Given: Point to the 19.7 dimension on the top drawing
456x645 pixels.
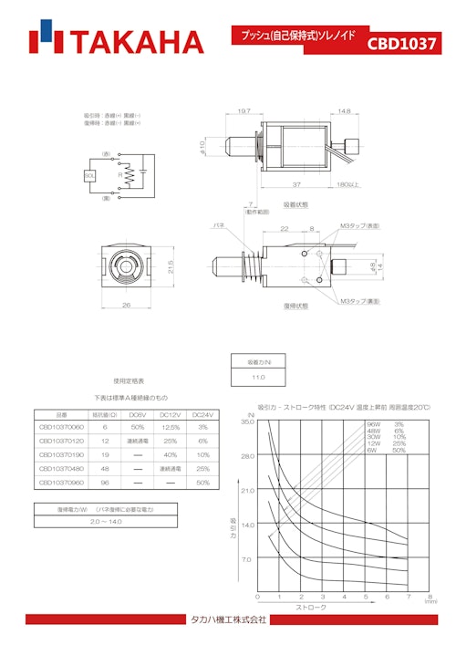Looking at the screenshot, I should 244,111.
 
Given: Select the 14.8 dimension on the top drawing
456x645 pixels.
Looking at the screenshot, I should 344,111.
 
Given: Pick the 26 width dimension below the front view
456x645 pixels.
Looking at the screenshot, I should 125,305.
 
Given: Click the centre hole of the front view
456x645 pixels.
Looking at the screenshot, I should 125,266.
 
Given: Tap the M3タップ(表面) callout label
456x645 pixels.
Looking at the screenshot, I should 361,224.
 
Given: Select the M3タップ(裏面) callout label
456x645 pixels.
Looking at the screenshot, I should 361,301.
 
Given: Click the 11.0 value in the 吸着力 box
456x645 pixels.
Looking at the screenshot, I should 258,376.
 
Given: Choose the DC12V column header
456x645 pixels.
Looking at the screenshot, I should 169,414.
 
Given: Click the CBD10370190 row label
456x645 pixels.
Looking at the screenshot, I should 61,453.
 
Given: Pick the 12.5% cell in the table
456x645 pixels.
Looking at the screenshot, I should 169,427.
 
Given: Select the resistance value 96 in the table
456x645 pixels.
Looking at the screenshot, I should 105,481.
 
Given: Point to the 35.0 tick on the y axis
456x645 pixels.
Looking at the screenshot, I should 246,422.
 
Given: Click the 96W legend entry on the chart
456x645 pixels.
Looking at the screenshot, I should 373,424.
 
